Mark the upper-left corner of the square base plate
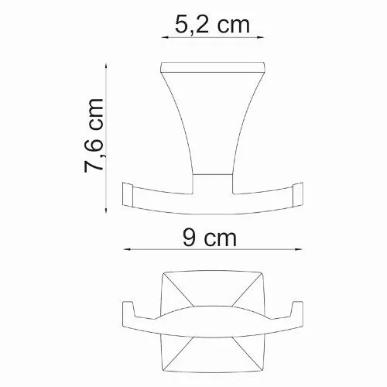point(163,273)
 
